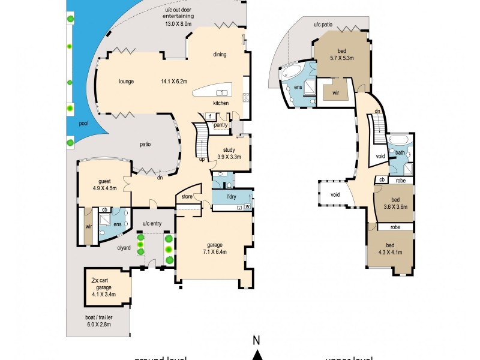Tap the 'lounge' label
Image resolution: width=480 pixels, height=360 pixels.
click(126, 82)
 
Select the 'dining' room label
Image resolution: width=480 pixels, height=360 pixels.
click(219, 55)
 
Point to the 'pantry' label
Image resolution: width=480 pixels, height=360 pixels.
click(221, 125)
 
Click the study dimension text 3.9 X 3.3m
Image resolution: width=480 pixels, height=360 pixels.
click(228, 157)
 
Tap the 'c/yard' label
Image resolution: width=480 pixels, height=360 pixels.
click(124, 247)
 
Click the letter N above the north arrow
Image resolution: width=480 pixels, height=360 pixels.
click(256, 340)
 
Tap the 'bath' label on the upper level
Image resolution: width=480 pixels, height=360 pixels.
click(400, 153)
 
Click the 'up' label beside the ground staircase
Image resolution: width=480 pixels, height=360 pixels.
click(202, 159)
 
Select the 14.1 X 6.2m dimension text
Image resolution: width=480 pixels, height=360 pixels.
click(174, 82)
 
